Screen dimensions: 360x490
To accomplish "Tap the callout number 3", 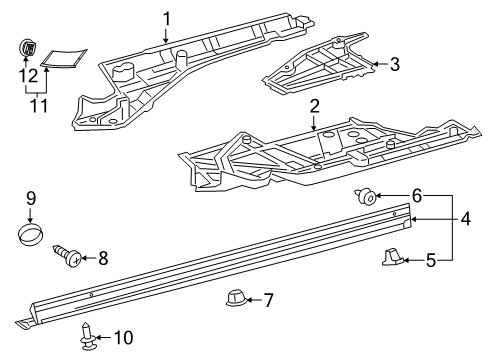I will coord(394,65).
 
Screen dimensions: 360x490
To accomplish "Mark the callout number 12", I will coord(31,75).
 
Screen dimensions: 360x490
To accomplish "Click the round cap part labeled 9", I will coord(31,236).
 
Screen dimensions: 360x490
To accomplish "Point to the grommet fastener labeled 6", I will coord(367,197).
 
